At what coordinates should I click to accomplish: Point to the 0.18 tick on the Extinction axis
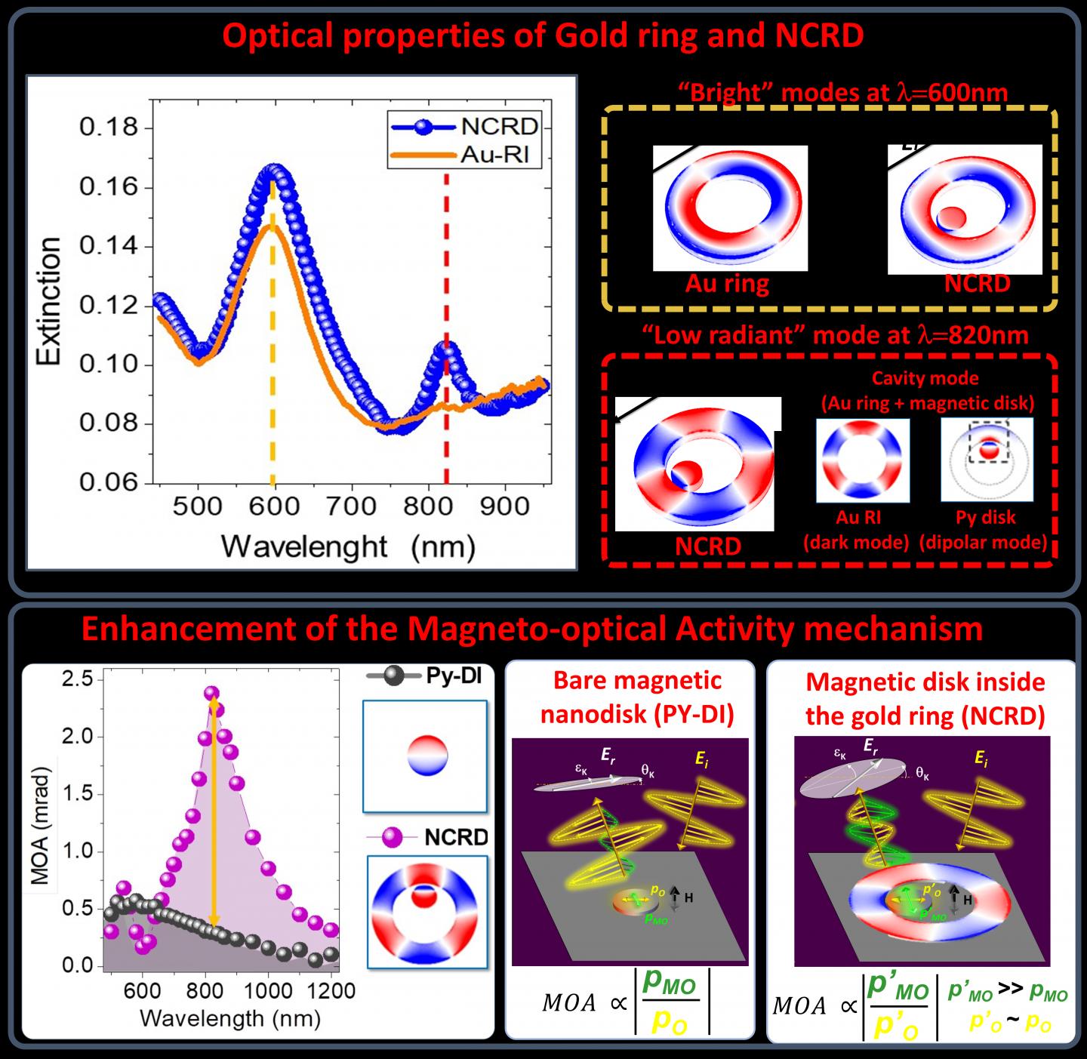pyautogui.click(x=109, y=127)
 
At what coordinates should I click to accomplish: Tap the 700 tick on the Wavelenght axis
pyautogui.click(x=352, y=506)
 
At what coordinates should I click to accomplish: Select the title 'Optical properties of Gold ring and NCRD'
pyautogui.click(x=543, y=35)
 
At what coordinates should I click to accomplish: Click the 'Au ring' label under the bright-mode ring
pyautogui.click(x=727, y=283)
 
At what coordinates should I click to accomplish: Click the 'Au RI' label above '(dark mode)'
pyautogui.click(x=858, y=517)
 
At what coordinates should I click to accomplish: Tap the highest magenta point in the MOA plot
pyautogui.click(x=212, y=693)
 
